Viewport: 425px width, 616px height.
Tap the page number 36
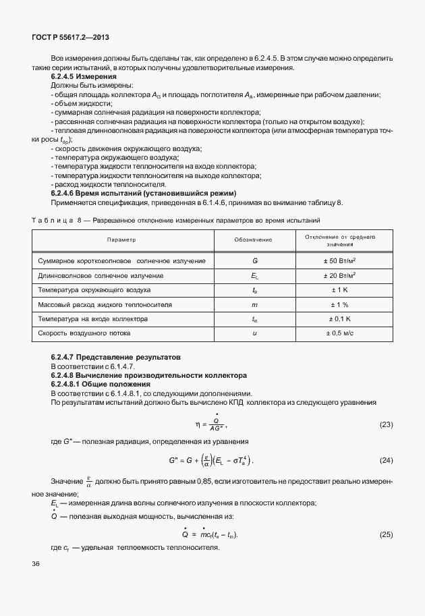click(x=36, y=562)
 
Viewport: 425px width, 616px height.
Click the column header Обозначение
click(x=253, y=240)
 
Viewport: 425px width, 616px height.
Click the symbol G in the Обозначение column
click(x=254, y=261)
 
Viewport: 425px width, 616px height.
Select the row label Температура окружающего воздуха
click(x=94, y=290)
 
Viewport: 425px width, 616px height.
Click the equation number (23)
click(x=386, y=424)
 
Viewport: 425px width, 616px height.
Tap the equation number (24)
click(x=386, y=460)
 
